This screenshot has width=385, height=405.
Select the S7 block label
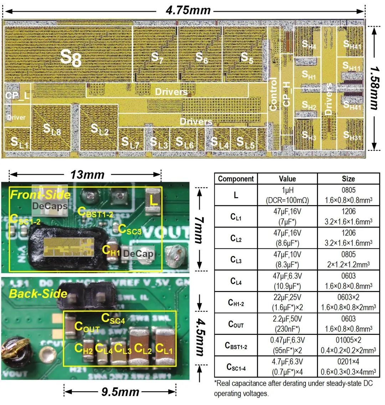click(x=157, y=58)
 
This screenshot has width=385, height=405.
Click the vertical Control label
click(x=273, y=94)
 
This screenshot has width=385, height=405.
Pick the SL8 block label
click(x=52, y=129)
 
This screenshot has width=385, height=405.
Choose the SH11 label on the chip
click(x=351, y=66)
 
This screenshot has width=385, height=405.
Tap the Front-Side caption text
click(x=40, y=195)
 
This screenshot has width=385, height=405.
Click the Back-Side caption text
click(x=38, y=293)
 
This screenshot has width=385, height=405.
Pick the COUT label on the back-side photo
click(x=87, y=327)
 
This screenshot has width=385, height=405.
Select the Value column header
click(x=287, y=179)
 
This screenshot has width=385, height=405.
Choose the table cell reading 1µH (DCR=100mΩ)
click(x=287, y=195)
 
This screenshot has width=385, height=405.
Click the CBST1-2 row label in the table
click(x=236, y=345)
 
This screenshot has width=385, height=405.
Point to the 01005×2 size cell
click(x=348, y=341)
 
